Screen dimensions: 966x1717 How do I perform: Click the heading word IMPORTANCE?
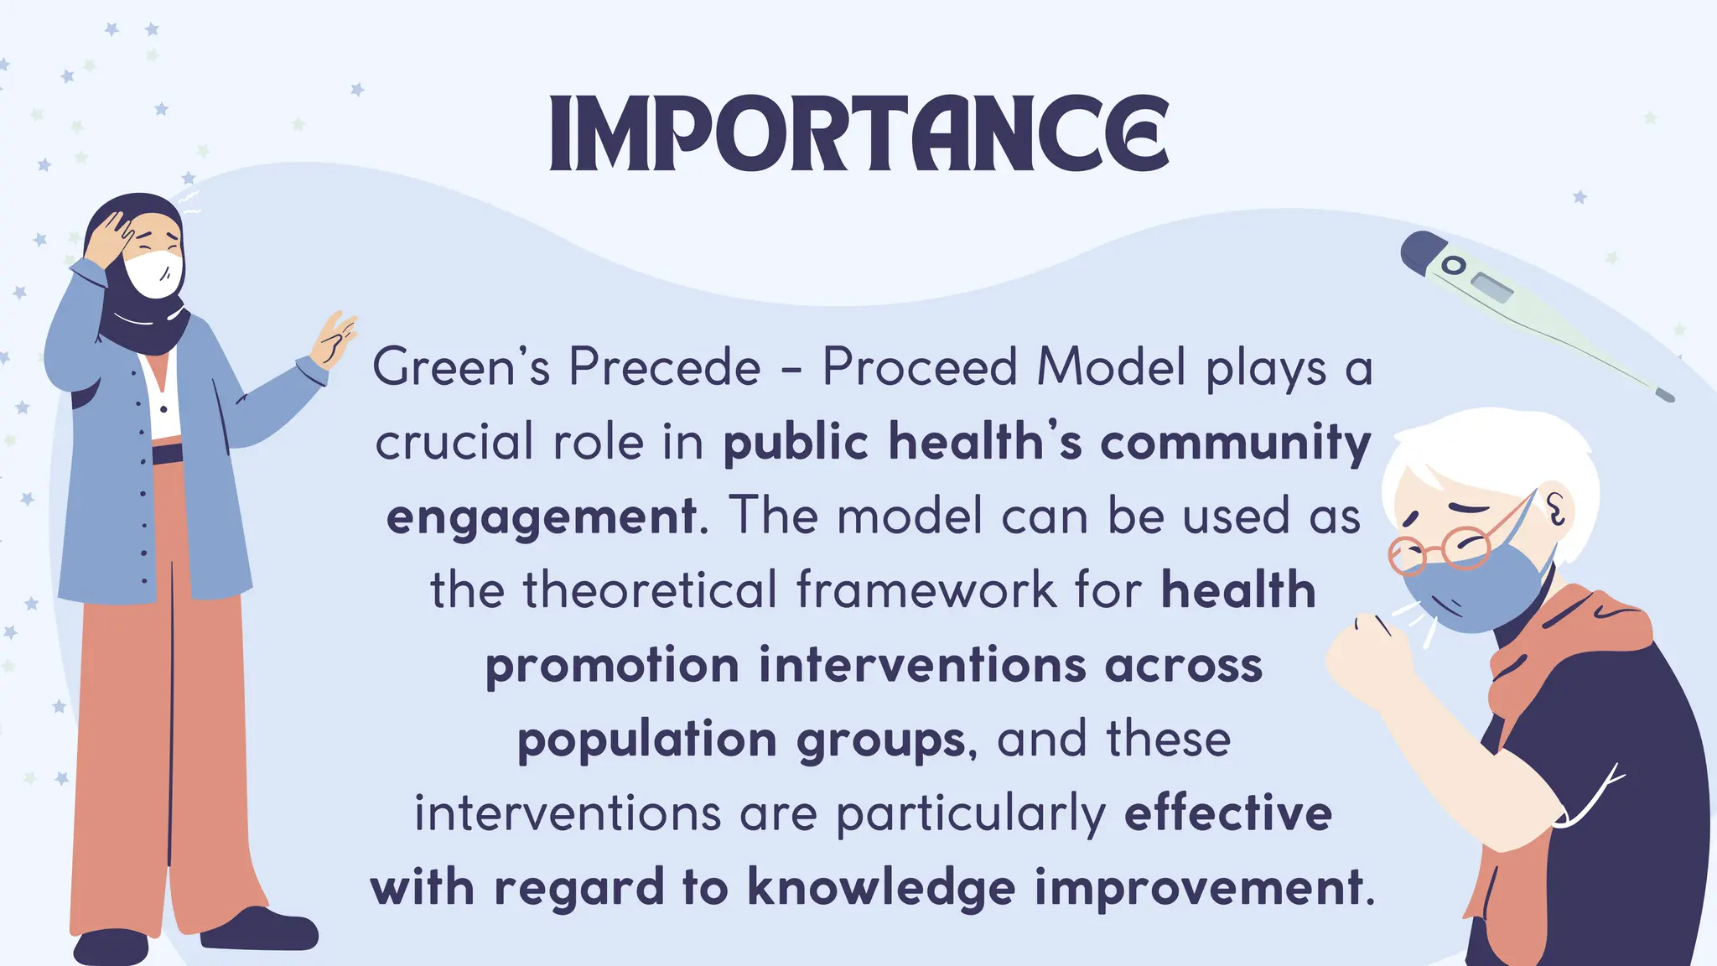click(858, 134)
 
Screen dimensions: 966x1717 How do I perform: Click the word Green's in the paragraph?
click(461, 367)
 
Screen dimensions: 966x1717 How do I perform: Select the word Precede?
click(665, 367)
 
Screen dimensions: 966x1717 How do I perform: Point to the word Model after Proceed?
click(1112, 367)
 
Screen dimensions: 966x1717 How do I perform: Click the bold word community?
click(1235, 443)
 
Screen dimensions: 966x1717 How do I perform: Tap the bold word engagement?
click(542, 517)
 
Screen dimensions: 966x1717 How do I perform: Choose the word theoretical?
click(651, 589)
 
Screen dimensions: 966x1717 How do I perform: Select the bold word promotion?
click(612, 665)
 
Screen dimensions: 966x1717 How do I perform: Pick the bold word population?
click(647, 740)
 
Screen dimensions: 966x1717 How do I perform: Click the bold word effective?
click(1228, 813)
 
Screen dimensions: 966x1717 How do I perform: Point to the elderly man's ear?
click(1556, 507)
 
